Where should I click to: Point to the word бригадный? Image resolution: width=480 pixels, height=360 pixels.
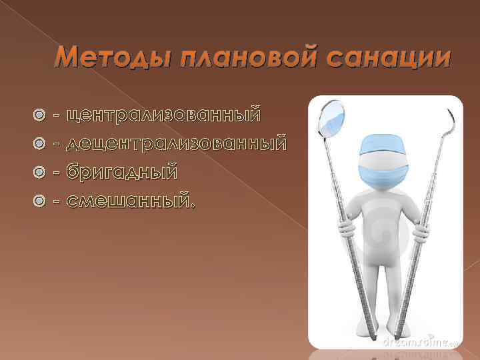point(123,171)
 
